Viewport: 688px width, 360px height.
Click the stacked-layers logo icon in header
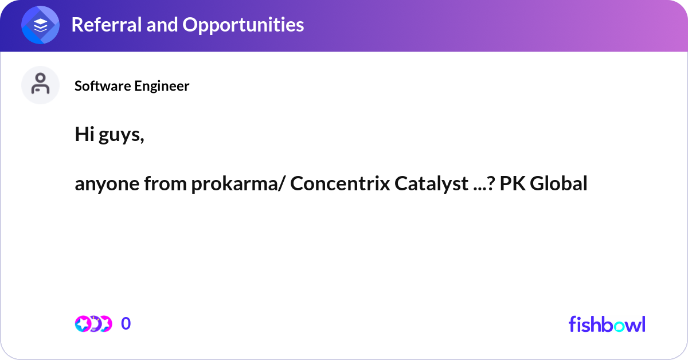(x=41, y=25)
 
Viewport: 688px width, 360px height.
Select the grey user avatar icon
(x=41, y=85)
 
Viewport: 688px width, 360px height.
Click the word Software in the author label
(x=102, y=86)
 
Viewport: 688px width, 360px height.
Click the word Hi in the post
(x=84, y=134)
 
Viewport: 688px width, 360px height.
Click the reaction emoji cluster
(x=93, y=324)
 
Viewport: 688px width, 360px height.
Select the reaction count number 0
(x=126, y=324)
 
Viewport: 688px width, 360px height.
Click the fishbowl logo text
(x=607, y=324)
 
